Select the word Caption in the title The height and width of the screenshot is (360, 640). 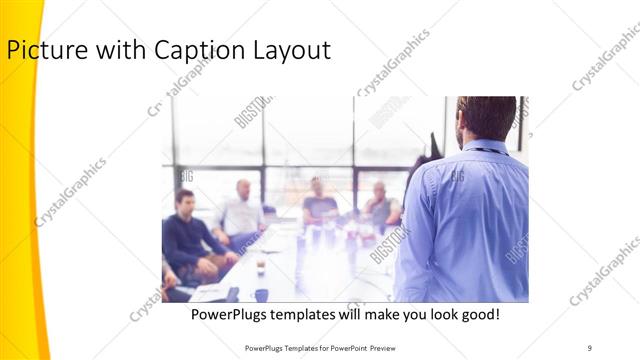[x=184, y=50]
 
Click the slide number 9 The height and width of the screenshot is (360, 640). [x=590, y=346]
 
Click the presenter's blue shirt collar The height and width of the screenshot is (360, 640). [x=482, y=148]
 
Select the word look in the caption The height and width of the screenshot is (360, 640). [x=438, y=315]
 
